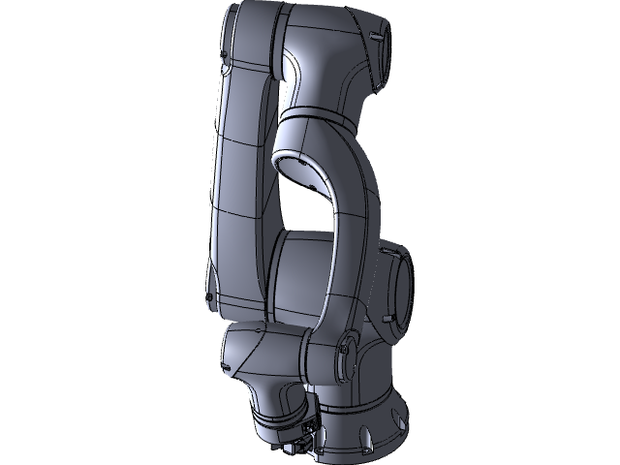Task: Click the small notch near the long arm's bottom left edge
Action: coord(209,296)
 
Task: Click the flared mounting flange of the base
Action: coord(368,426)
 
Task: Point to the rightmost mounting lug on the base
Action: coord(397,419)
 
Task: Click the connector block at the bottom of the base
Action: coord(308,432)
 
